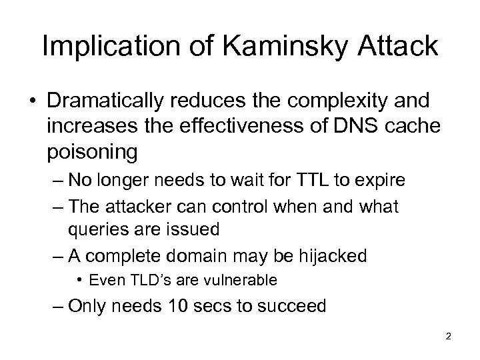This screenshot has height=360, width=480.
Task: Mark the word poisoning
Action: [93, 152]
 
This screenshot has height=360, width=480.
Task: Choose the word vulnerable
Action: [243, 280]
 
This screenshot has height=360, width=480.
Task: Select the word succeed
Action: [296, 306]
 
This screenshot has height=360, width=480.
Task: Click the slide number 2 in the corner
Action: [448, 337]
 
